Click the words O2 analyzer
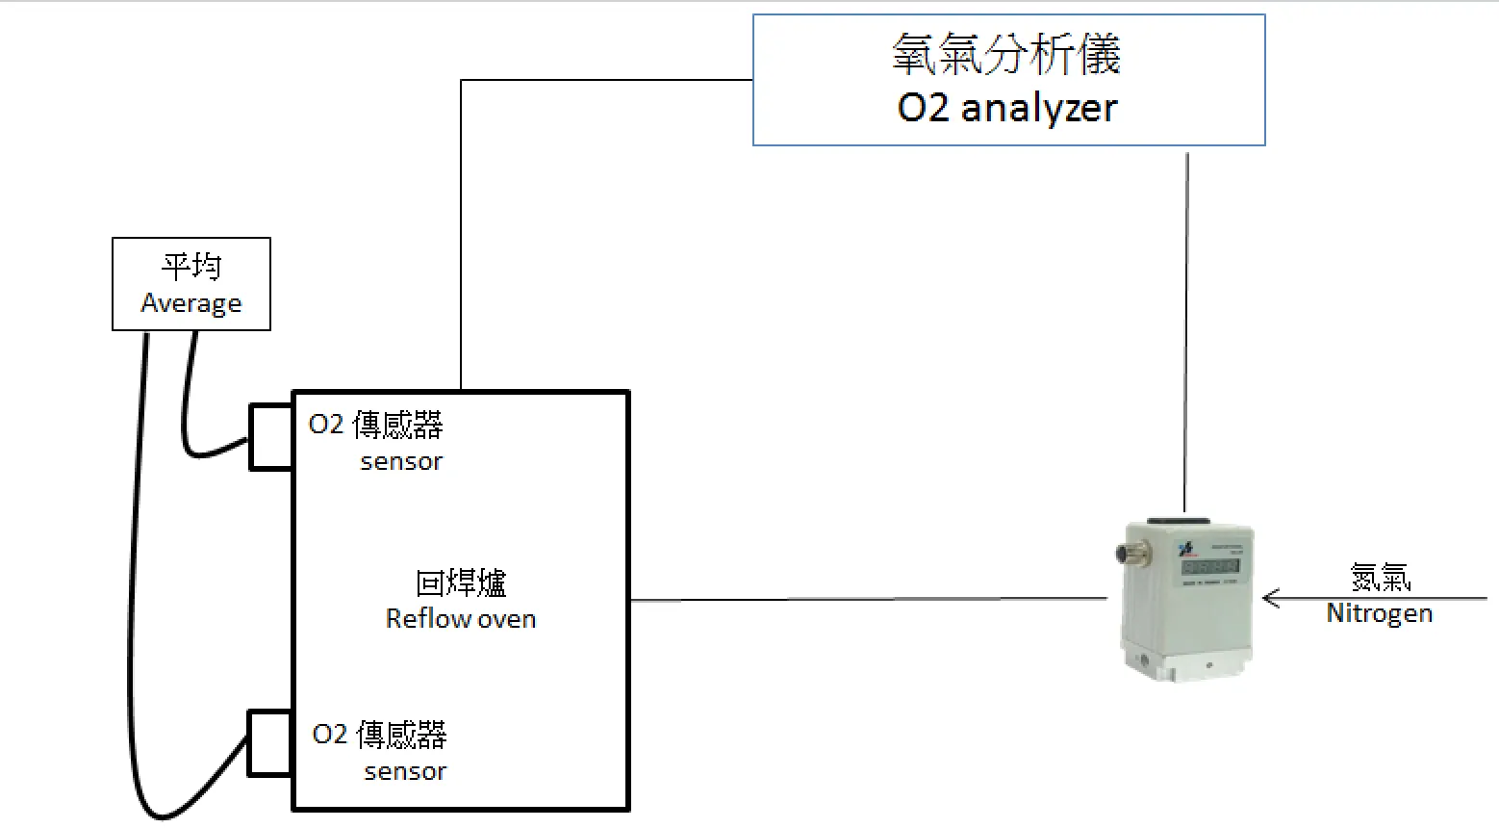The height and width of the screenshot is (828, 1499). click(x=1007, y=107)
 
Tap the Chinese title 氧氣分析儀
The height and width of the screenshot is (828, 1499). click(x=1007, y=54)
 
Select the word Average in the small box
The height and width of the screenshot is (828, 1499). click(x=191, y=303)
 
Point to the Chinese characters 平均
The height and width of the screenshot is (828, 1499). click(x=191, y=266)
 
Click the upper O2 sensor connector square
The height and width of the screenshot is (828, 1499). click(x=271, y=436)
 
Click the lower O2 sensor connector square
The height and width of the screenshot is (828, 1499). click(x=270, y=742)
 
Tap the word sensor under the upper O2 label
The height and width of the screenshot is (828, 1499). click(x=401, y=461)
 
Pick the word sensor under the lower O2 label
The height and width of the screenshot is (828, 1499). click(x=405, y=771)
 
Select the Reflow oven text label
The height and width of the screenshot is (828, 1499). click(x=461, y=618)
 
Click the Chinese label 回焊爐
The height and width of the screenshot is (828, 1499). click(x=461, y=582)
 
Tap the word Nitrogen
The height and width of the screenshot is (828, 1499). click(x=1379, y=613)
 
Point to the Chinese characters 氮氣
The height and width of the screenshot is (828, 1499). click(x=1380, y=578)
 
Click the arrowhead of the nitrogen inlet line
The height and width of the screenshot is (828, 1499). click(x=1269, y=599)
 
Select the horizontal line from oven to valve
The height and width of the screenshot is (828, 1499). click(x=866, y=600)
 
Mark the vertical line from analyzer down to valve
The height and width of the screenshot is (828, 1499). click(x=1186, y=327)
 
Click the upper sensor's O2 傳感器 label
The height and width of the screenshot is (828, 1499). click(x=375, y=425)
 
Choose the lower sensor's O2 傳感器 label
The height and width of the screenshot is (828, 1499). click(x=379, y=735)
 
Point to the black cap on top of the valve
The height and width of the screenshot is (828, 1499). click(x=1185, y=520)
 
